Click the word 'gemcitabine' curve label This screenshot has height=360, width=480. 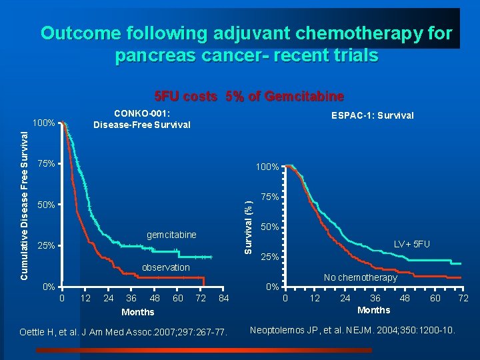click(171, 235)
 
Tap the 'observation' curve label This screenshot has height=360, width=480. click(166, 267)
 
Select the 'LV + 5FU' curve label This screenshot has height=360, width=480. click(411, 245)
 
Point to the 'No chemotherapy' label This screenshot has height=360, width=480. click(360, 277)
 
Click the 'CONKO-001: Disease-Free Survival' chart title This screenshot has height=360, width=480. click(141, 119)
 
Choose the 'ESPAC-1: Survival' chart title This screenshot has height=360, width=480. click(372, 115)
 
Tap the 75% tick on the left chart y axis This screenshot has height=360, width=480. click(45, 163)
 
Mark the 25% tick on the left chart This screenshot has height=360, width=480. click(45, 246)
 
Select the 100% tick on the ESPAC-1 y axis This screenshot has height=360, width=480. click(267, 167)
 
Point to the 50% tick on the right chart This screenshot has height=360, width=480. click(269, 227)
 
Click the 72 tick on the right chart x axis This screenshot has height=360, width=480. click(463, 298)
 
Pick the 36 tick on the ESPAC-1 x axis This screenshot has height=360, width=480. click(375, 298)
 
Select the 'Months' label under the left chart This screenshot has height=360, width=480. click(138, 312)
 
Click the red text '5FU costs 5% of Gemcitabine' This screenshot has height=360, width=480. click(249, 96)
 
